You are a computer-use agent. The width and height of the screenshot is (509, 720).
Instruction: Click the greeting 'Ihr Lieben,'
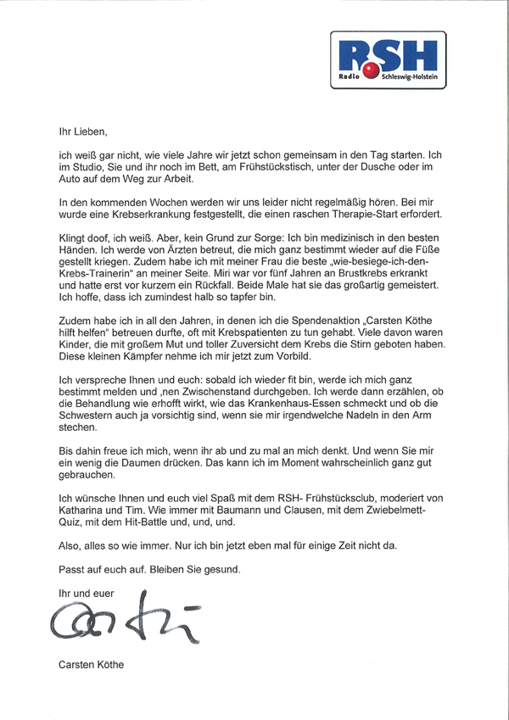click(x=84, y=132)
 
